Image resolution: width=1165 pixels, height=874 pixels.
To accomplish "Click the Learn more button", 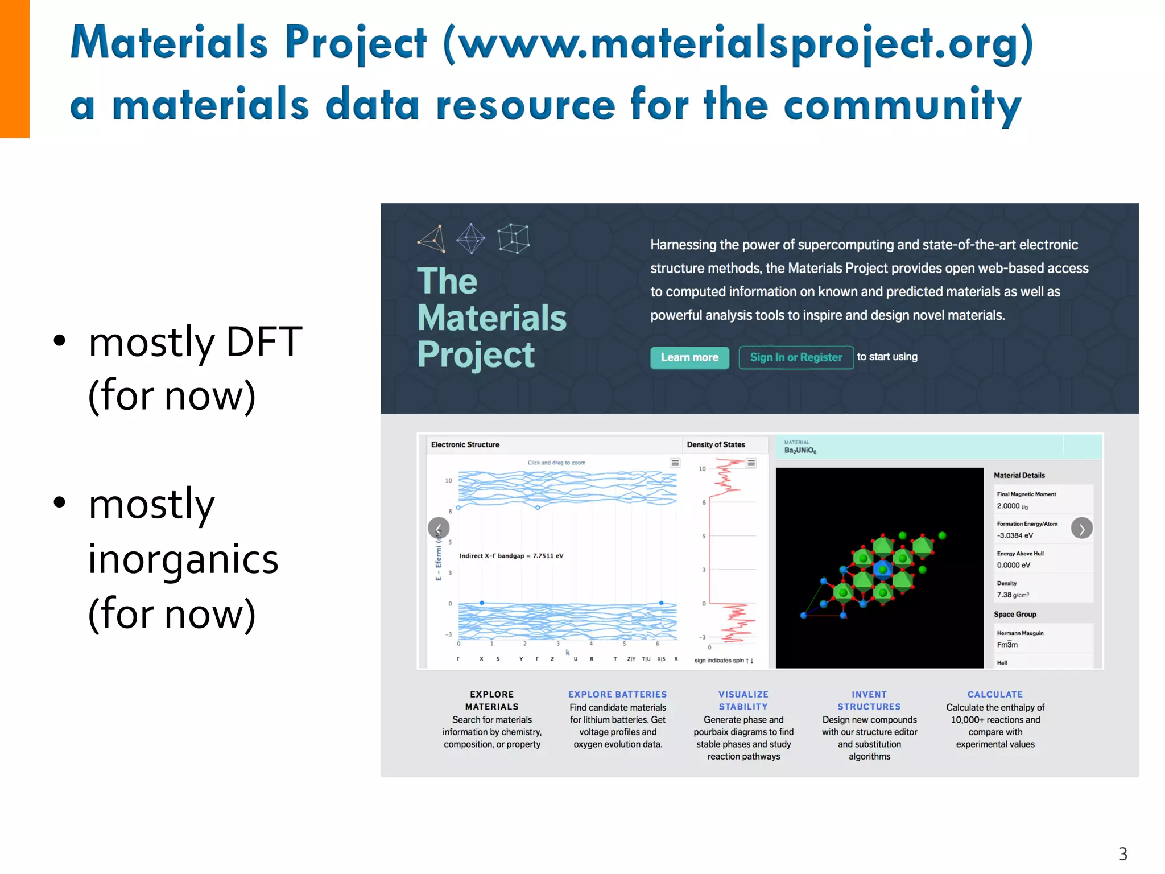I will click(x=689, y=357).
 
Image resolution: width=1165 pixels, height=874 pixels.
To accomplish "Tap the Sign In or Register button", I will click(x=795, y=357).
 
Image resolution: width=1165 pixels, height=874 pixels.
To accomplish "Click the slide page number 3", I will click(x=1122, y=854).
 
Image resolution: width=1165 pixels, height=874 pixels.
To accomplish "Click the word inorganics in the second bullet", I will click(x=183, y=559).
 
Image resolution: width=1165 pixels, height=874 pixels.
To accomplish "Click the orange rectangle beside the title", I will click(x=14, y=68).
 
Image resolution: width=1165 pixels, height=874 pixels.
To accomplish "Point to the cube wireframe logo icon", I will click(x=513, y=238).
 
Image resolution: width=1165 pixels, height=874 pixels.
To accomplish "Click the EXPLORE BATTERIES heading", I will click(x=617, y=694).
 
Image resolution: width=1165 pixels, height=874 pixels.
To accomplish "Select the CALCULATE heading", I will click(x=994, y=694).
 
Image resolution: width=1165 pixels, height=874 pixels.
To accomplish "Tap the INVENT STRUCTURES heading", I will click(x=869, y=700).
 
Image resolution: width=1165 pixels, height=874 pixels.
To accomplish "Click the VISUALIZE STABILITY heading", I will click(x=743, y=700).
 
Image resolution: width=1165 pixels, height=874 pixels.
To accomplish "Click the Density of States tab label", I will click(x=716, y=444).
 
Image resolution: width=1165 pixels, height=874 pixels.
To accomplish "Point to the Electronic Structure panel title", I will click(x=465, y=444).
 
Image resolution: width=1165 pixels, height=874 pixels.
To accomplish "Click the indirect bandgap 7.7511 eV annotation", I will click(x=511, y=556).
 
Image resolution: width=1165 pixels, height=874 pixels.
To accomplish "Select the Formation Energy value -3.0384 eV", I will click(x=1015, y=535).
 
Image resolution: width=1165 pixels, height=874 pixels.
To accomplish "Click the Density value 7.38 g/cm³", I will click(x=1012, y=595).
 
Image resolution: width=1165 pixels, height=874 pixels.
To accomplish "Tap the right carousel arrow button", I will click(x=1081, y=529).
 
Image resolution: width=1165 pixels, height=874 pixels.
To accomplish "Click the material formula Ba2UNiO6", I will click(x=800, y=450).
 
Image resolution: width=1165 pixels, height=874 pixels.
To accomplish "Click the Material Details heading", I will click(x=1019, y=475).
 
